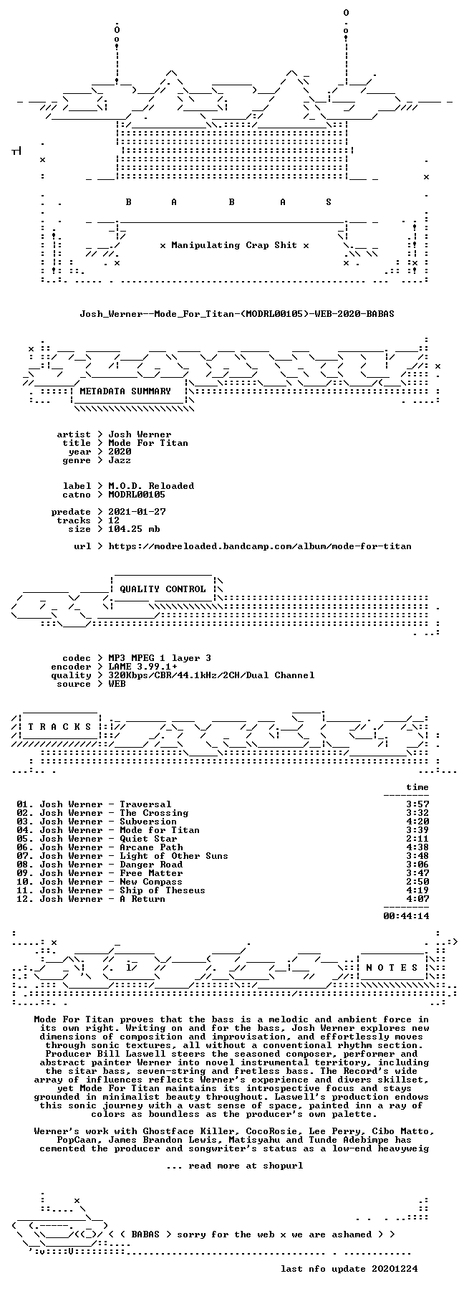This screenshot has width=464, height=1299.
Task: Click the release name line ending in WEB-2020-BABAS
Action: click(x=237, y=314)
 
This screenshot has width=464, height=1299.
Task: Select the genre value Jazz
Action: click(x=120, y=460)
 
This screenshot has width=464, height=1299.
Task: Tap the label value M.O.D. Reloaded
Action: click(x=151, y=486)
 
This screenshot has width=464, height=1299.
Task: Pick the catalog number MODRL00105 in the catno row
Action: click(x=137, y=495)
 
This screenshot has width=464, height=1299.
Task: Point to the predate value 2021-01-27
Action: click(x=137, y=512)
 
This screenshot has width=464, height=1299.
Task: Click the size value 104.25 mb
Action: click(x=134, y=529)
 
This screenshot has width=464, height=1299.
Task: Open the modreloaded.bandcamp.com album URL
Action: click(x=260, y=546)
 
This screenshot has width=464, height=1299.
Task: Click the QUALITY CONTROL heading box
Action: click(x=163, y=589)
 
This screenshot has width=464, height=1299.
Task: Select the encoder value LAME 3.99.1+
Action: click(x=142, y=667)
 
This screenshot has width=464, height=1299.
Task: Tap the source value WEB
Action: click(x=117, y=684)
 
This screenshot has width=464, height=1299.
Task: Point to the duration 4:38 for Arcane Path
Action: click(x=417, y=847)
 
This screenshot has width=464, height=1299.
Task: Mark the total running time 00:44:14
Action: click(x=406, y=916)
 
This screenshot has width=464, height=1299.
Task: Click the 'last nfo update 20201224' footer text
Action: click(x=349, y=1269)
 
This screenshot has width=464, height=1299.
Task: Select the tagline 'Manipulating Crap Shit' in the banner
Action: click(x=234, y=245)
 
